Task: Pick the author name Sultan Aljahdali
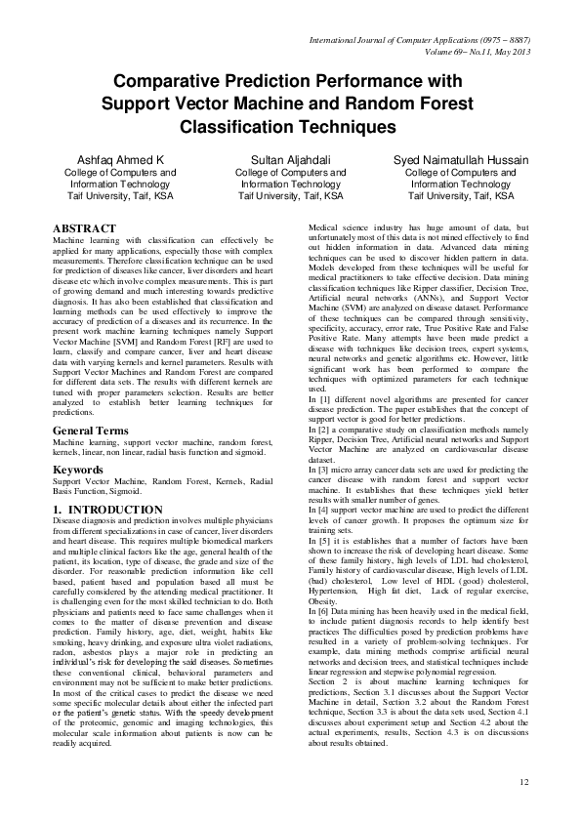[291, 159]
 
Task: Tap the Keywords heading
[78, 470]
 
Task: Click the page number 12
[524, 782]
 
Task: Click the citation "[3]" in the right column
[311, 471]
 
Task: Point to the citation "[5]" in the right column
[311, 539]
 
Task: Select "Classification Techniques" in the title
[289, 127]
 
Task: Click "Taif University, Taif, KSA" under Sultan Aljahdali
[291, 195]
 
